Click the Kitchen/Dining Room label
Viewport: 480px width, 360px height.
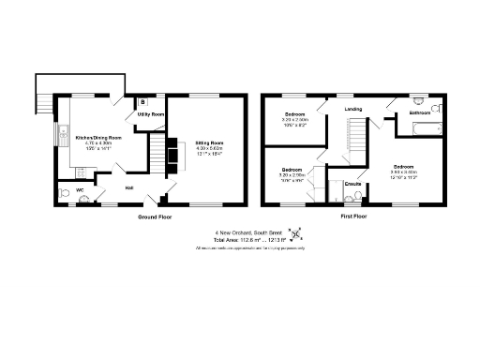pyautogui.click(x=98, y=137)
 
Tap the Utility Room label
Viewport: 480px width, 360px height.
pyautogui.click(x=151, y=114)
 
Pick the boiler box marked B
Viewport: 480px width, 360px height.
pyautogui.click(x=142, y=100)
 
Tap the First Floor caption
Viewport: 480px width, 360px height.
pyautogui.click(x=353, y=217)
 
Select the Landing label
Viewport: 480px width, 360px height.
pyautogui.click(x=353, y=109)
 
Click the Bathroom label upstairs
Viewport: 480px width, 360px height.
pyautogui.click(x=419, y=114)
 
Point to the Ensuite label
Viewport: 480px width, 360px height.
pyautogui.click(x=353, y=185)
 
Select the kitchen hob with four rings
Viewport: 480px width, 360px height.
pyautogui.click(x=79, y=172)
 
